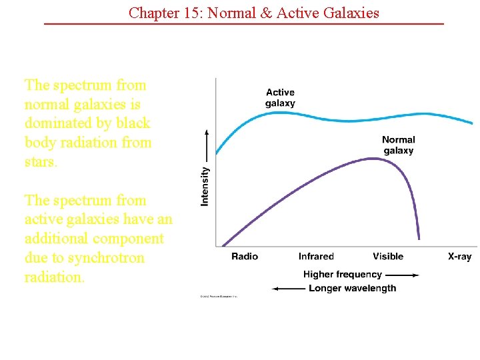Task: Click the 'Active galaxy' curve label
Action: click(280, 97)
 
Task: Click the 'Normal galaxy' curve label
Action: click(398, 145)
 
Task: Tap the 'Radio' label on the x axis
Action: click(245, 257)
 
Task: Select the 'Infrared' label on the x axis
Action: click(316, 257)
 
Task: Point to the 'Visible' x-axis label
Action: click(388, 257)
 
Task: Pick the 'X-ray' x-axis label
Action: click(459, 257)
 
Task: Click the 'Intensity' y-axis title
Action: click(205, 186)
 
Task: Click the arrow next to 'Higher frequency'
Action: click(402, 275)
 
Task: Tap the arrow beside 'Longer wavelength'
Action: click(289, 289)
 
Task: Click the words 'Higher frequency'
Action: click(342, 275)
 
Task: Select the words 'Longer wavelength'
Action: click(352, 289)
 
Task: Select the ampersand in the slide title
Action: click(267, 12)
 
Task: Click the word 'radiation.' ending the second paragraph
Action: click(55, 277)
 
